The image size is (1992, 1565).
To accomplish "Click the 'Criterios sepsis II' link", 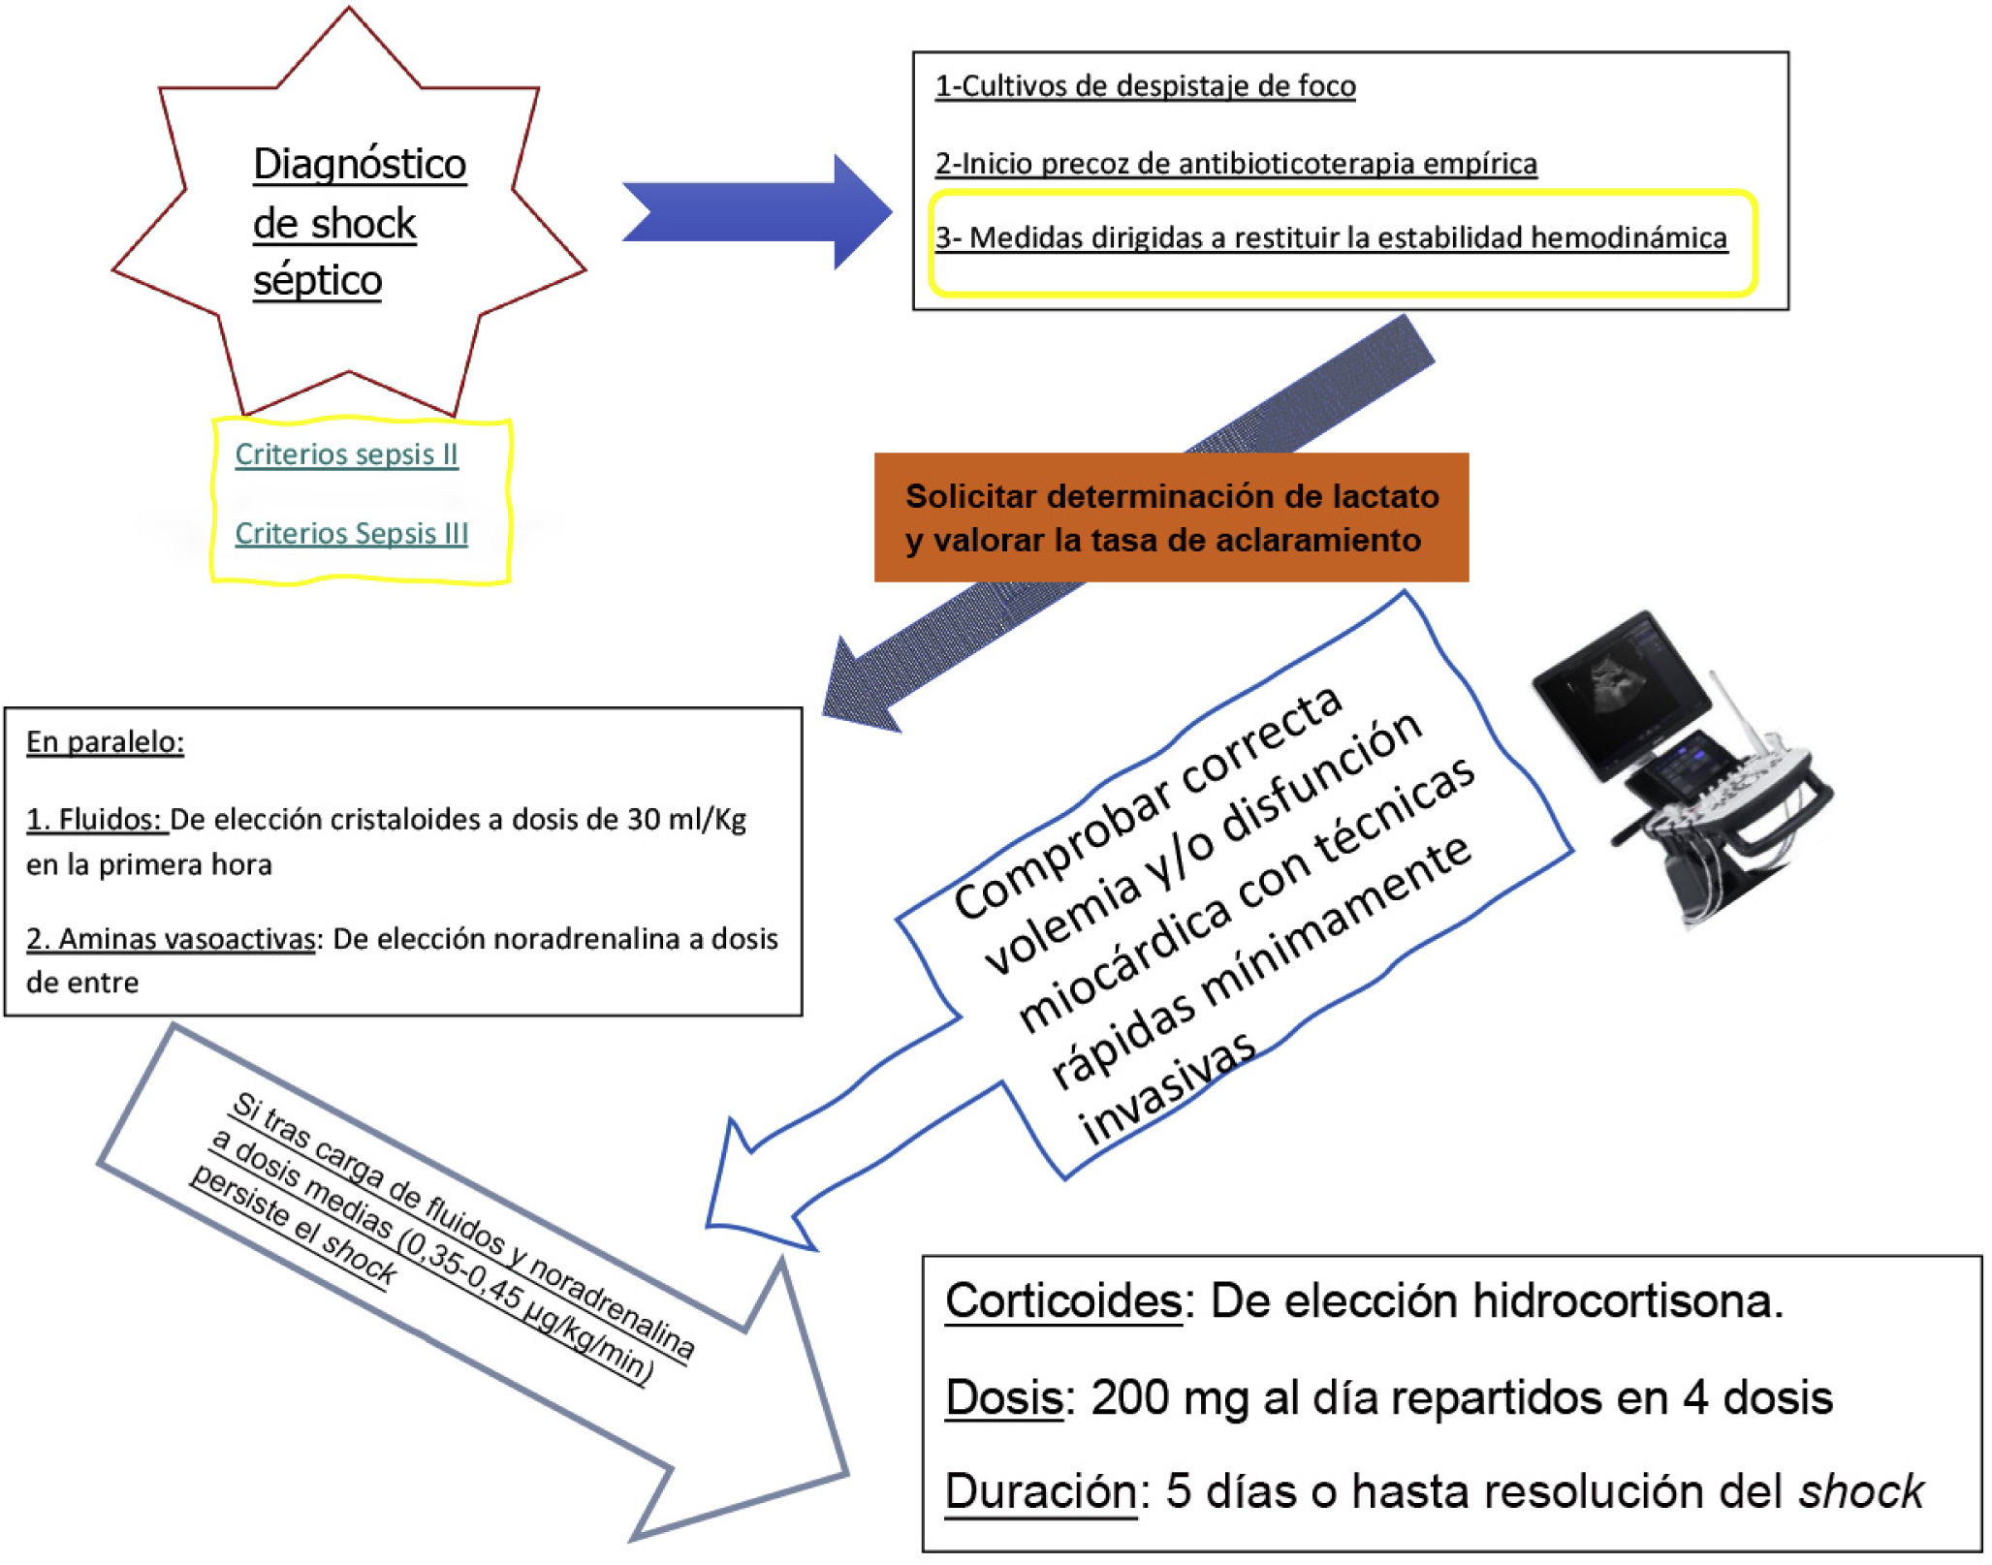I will [x=346, y=454].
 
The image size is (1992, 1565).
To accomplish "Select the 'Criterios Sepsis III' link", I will [x=351, y=533].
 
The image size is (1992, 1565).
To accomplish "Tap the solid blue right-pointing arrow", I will [x=756, y=211].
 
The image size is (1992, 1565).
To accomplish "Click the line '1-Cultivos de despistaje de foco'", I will [x=1145, y=86].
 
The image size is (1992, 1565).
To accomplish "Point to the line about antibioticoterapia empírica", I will [x=1235, y=164].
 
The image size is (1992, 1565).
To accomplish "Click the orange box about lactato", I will [x=1171, y=517].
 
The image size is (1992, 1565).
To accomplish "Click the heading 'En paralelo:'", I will [x=105, y=742].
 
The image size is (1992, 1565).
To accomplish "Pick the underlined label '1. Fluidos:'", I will [x=96, y=820].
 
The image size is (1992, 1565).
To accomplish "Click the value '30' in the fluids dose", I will [x=644, y=820].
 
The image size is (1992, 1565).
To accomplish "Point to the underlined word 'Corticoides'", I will [x=1063, y=1301].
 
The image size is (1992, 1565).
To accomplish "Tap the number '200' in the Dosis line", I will [x=1129, y=1398].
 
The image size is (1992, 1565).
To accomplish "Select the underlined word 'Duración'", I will [x=1040, y=1491].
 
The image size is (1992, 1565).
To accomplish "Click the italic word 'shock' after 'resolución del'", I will [x=1861, y=1491].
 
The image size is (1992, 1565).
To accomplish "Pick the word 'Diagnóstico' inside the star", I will [x=360, y=165].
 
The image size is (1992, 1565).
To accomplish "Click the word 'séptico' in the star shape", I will [x=317, y=281].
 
